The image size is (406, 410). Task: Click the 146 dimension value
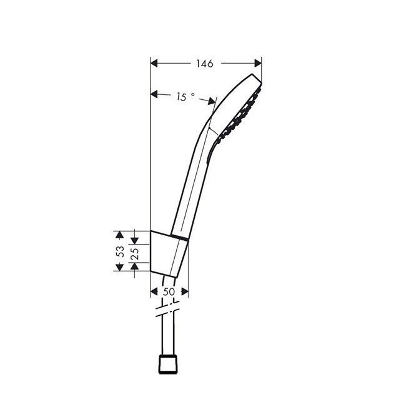(205, 64)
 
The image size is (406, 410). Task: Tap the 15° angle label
(186, 97)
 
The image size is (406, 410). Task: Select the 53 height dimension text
(121, 251)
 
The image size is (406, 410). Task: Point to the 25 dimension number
(134, 253)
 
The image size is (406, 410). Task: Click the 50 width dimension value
(169, 292)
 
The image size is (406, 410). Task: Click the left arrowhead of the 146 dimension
(154, 63)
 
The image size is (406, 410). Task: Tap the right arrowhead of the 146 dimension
(258, 63)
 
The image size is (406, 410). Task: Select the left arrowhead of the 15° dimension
(154, 94)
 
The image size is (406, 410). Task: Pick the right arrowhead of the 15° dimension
(212, 101)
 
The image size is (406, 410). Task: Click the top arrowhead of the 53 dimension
(120, 235)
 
